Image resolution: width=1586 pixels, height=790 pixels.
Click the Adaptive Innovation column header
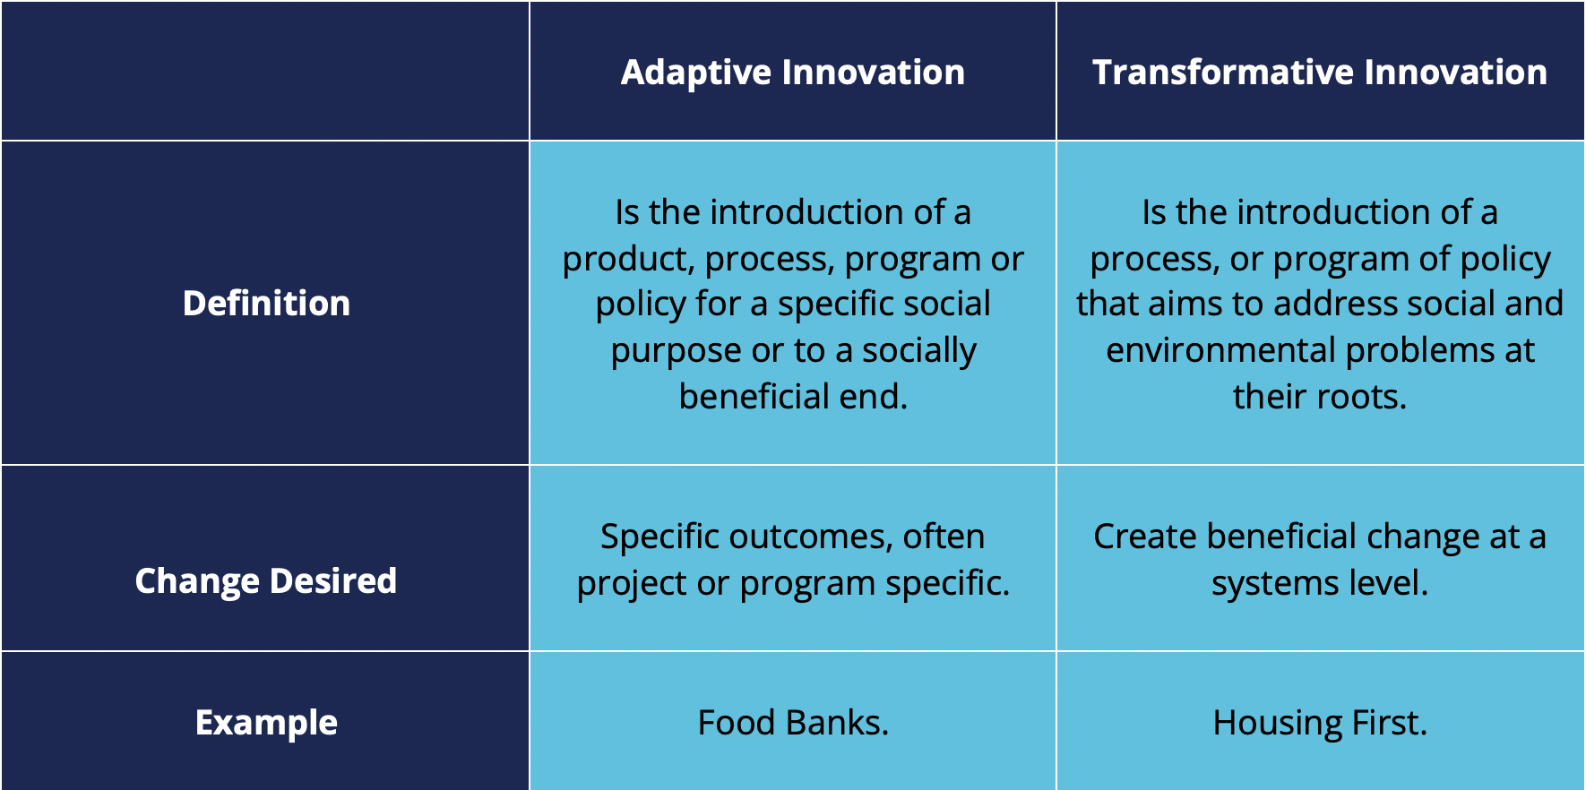click(x=793, y=72)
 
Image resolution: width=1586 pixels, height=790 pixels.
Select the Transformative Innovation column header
click(x=1320, y=72)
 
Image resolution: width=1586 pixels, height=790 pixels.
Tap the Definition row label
click(x=266, y=303)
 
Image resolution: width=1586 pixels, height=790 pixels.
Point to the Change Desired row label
click(x=266, y=581)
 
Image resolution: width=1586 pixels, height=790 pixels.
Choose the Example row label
click(x=266, y=723)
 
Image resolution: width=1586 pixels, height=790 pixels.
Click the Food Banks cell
click(x=793, y=722)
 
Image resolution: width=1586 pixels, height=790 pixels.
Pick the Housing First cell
click(x=1320, y=723)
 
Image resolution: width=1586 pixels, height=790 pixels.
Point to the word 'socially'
click(x=919, y=351)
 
